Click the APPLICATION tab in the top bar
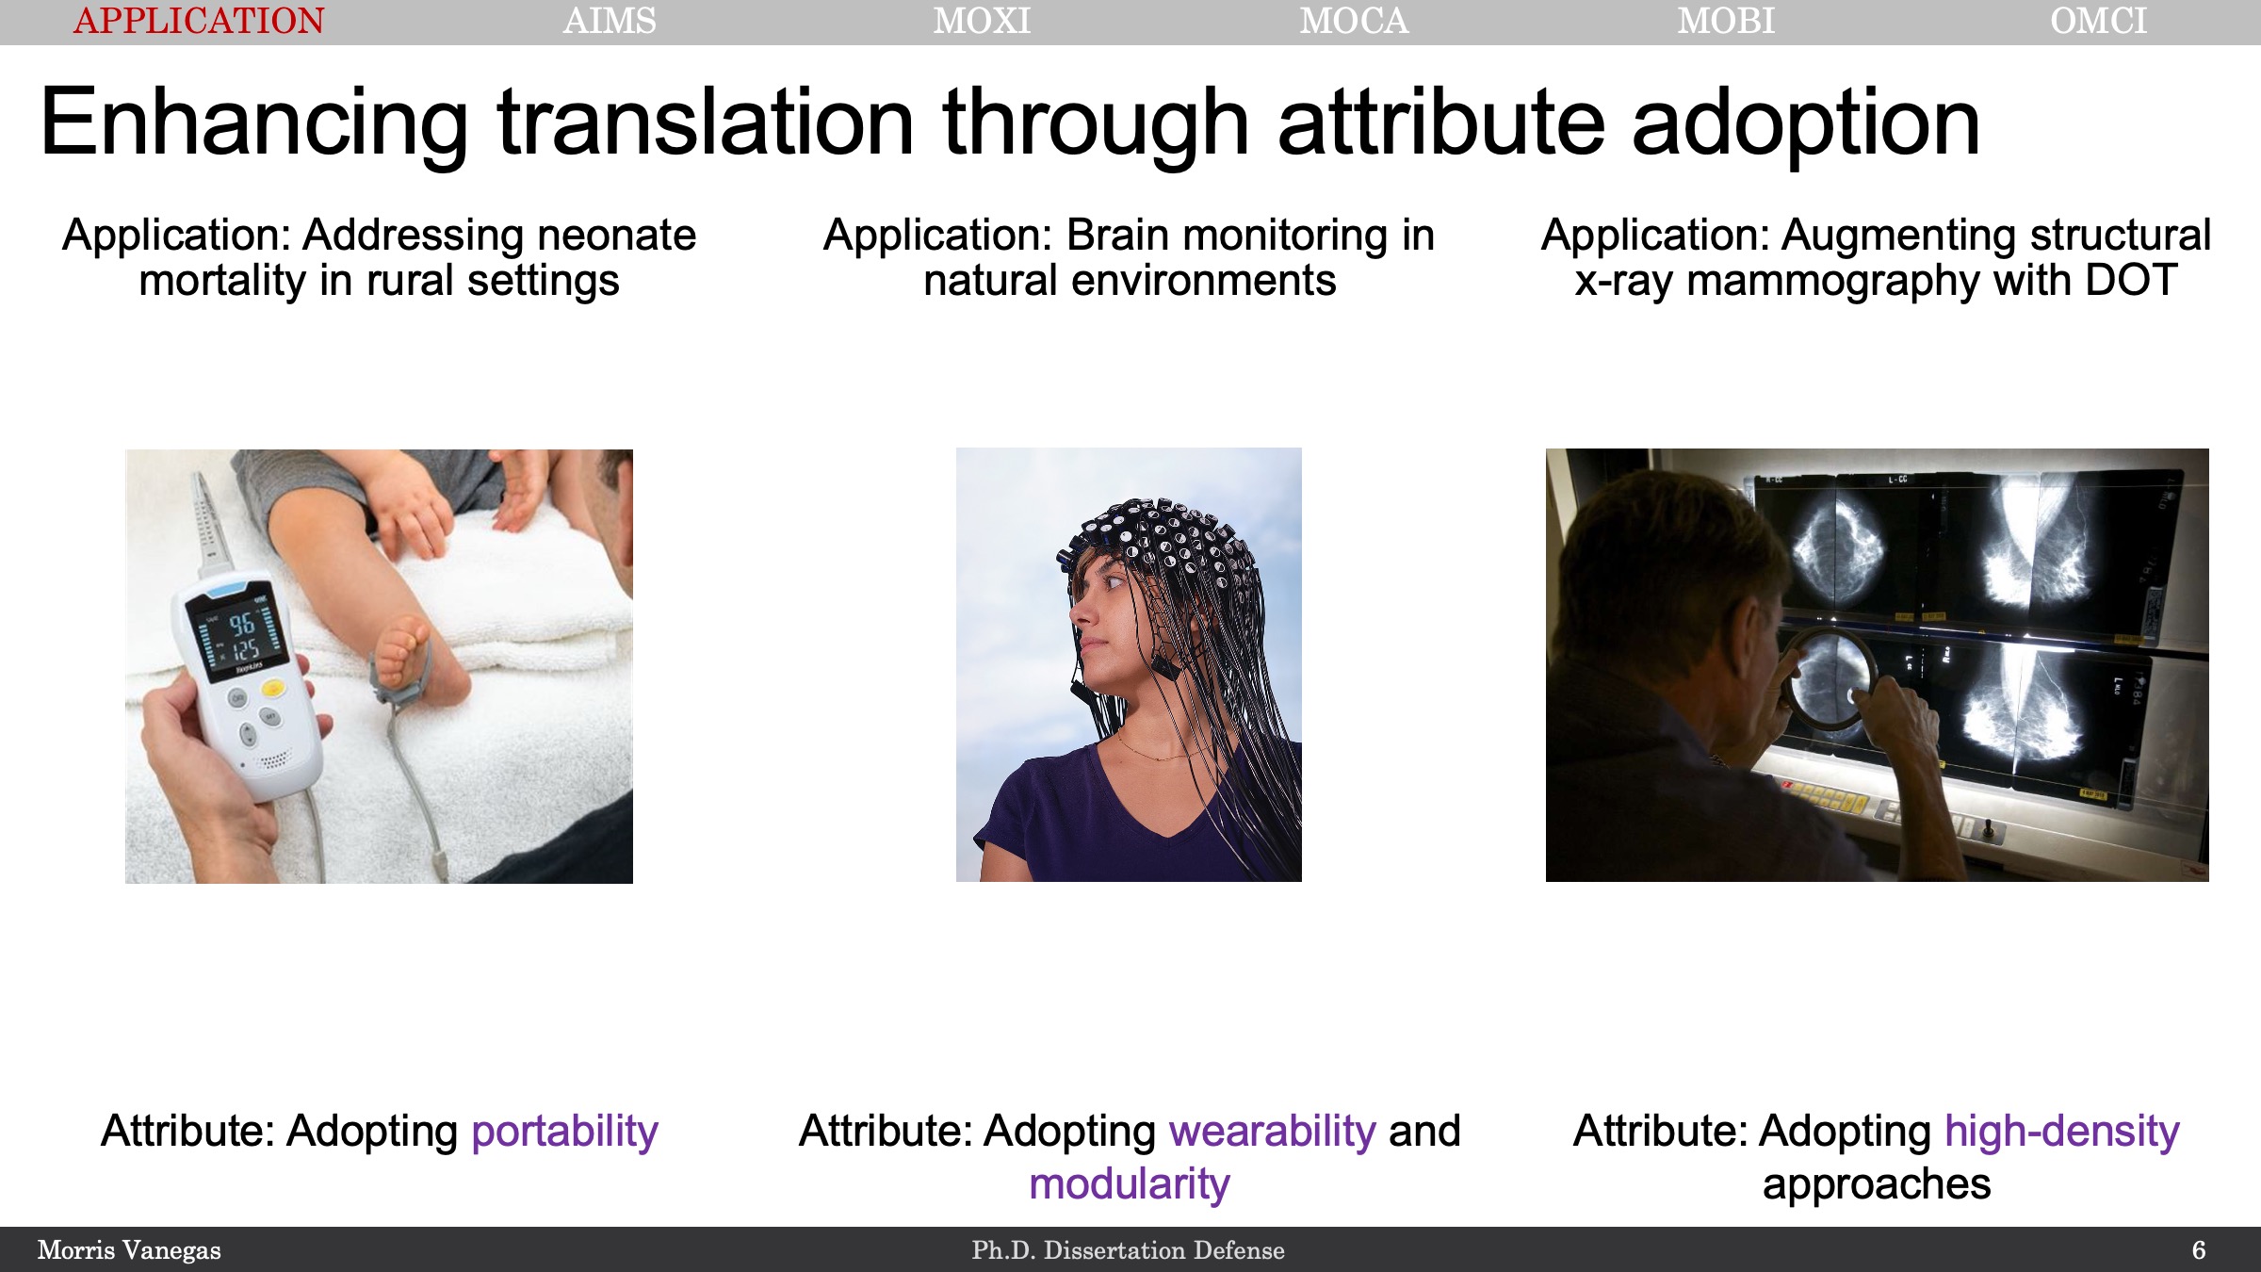[199, 21]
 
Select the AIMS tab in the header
[610, 21]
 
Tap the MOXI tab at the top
[982, 21]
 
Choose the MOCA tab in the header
[1354, 21]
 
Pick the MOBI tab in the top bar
[1726, 21]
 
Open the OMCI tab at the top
[2099, 21]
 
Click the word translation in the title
[706, 122]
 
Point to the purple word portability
[564, 1132]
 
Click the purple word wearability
[1273, 1132]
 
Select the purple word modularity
[1130, 1184]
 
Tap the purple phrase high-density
[2062, 1132]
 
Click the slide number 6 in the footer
[2199, 1250]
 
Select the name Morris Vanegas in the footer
[129, 1250]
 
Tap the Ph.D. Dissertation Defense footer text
[1129, 1250]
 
